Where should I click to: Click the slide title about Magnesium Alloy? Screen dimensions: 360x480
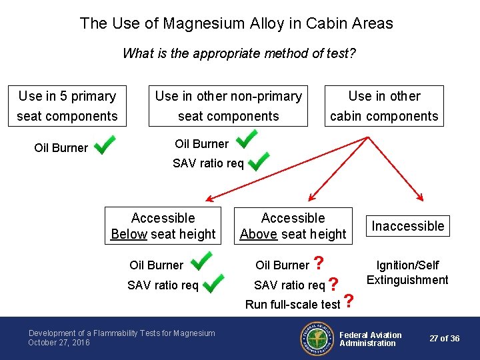(237, 23)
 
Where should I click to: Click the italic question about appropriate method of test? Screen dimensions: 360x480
(239, 53)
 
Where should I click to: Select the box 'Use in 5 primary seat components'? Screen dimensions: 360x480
(67, 106)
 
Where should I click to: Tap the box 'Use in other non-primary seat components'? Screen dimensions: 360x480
(228, 106)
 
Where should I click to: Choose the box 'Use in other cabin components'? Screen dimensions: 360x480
(384, 106)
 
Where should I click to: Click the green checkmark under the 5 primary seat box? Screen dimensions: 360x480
(105, 145)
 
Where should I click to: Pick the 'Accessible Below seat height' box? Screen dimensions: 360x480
(163, 226)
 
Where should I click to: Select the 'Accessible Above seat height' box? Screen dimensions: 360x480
(293, 226)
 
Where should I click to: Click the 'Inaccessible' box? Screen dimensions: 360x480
(407, 226)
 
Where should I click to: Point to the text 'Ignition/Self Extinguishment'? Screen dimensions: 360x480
(407, 273)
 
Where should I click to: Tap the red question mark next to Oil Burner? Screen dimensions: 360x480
(319, 264)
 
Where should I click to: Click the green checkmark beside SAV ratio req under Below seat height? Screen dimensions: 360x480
(213, 285)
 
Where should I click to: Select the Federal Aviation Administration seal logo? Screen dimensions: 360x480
(316, 339)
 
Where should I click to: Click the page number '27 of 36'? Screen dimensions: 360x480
(445, 339)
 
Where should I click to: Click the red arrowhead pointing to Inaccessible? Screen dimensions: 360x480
(420, 197)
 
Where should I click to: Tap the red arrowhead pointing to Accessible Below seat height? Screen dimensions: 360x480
(209, 198)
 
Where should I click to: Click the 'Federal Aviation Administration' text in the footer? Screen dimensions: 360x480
(371, 339)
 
